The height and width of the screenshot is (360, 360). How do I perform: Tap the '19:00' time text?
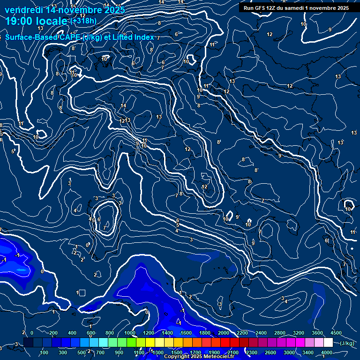(18, 21)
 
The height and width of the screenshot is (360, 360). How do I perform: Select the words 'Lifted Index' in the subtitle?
(134, 37)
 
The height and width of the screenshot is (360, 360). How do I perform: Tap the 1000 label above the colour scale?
(130, 333)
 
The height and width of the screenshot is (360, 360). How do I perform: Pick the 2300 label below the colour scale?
(251, 352)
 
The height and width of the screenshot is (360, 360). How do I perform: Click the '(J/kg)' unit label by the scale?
(346, 344)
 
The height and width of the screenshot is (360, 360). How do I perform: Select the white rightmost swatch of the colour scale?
(328, 343)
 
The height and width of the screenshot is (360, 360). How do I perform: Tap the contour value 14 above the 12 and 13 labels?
(123, 106)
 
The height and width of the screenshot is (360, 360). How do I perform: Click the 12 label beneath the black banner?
(270, 34)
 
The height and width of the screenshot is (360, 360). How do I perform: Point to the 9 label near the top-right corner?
(330, 30)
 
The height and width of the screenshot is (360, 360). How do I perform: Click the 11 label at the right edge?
(352, 232)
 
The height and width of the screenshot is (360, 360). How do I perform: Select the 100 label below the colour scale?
(45, 352)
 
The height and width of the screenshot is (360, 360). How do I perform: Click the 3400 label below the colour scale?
(308, 352)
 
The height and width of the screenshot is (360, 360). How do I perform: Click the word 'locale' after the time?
(52, 21)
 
